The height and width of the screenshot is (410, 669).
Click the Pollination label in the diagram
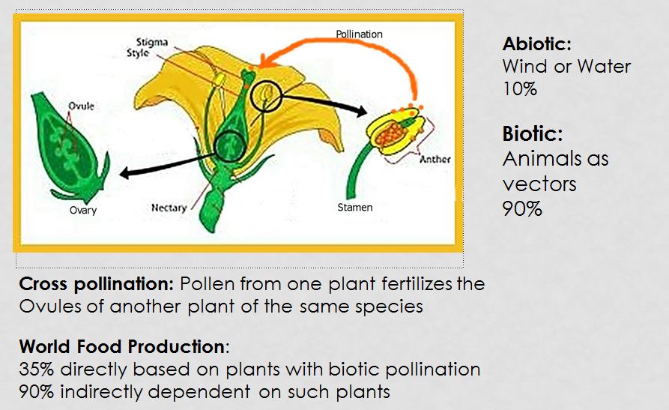point(359,34)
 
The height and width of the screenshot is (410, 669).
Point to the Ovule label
point(82,106)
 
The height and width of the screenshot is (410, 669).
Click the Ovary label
point(82,211)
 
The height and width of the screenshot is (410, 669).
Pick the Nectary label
point(169,208)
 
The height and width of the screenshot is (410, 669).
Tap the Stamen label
point(354,207)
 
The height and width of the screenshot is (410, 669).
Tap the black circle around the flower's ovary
point(229,145)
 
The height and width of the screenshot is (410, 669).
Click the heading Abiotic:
point(536,43)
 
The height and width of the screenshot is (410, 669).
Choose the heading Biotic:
point(532,135)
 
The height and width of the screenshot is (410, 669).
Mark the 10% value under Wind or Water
point(519,88)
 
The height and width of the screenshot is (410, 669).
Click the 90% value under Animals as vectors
point(522,208)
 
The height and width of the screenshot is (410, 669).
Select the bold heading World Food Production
point(121,346)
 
